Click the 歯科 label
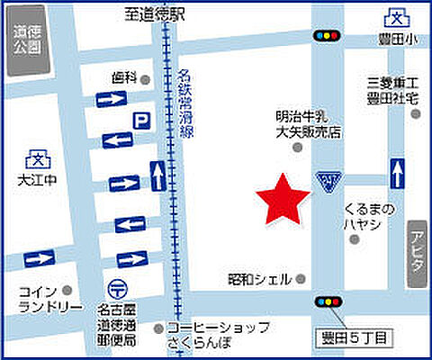[x=124, y=77]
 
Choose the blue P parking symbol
[x=140, y=119]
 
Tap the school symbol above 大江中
[x=38, y=160]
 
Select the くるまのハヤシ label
[x=368, y=215]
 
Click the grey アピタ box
[x=415, y=254]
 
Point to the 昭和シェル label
[x=259, y=278]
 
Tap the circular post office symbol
[x=117, y=289]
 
